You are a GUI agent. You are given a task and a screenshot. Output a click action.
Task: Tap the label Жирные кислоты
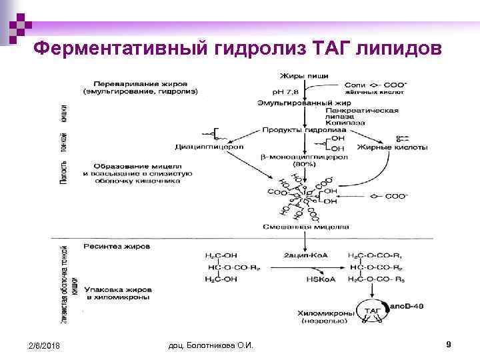click(x=385, y=147)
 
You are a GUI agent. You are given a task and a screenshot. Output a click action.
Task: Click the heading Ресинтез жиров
click(x=117, y=246)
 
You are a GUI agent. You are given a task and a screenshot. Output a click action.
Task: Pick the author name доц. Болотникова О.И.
click(x=215, y=345)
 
